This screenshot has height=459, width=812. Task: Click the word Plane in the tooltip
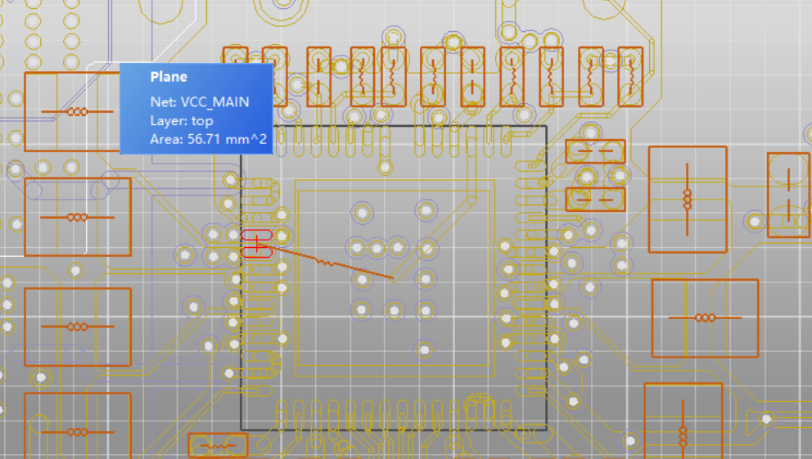[169, 77]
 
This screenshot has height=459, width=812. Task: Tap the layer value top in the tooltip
[202, 120]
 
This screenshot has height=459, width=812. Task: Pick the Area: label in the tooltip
[167, 139]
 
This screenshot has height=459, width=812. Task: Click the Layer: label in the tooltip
[169, 120]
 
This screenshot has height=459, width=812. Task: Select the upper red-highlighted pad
[256, 236]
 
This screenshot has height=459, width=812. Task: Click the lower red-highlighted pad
[256, 251]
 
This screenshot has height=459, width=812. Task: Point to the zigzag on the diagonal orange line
[326, 262]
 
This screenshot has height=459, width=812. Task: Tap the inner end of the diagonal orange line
[393, 279]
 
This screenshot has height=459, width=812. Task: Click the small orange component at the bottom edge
[217, 446]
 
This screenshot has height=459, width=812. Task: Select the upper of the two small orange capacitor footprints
[595, 151]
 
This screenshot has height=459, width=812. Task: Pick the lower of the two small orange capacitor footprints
[595, 198]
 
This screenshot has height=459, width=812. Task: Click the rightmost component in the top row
[629, 76]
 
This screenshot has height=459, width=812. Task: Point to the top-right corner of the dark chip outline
[545, 127]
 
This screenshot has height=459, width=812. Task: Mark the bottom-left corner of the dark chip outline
[241, 429]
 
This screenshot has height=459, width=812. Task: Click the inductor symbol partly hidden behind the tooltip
[78, 111]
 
